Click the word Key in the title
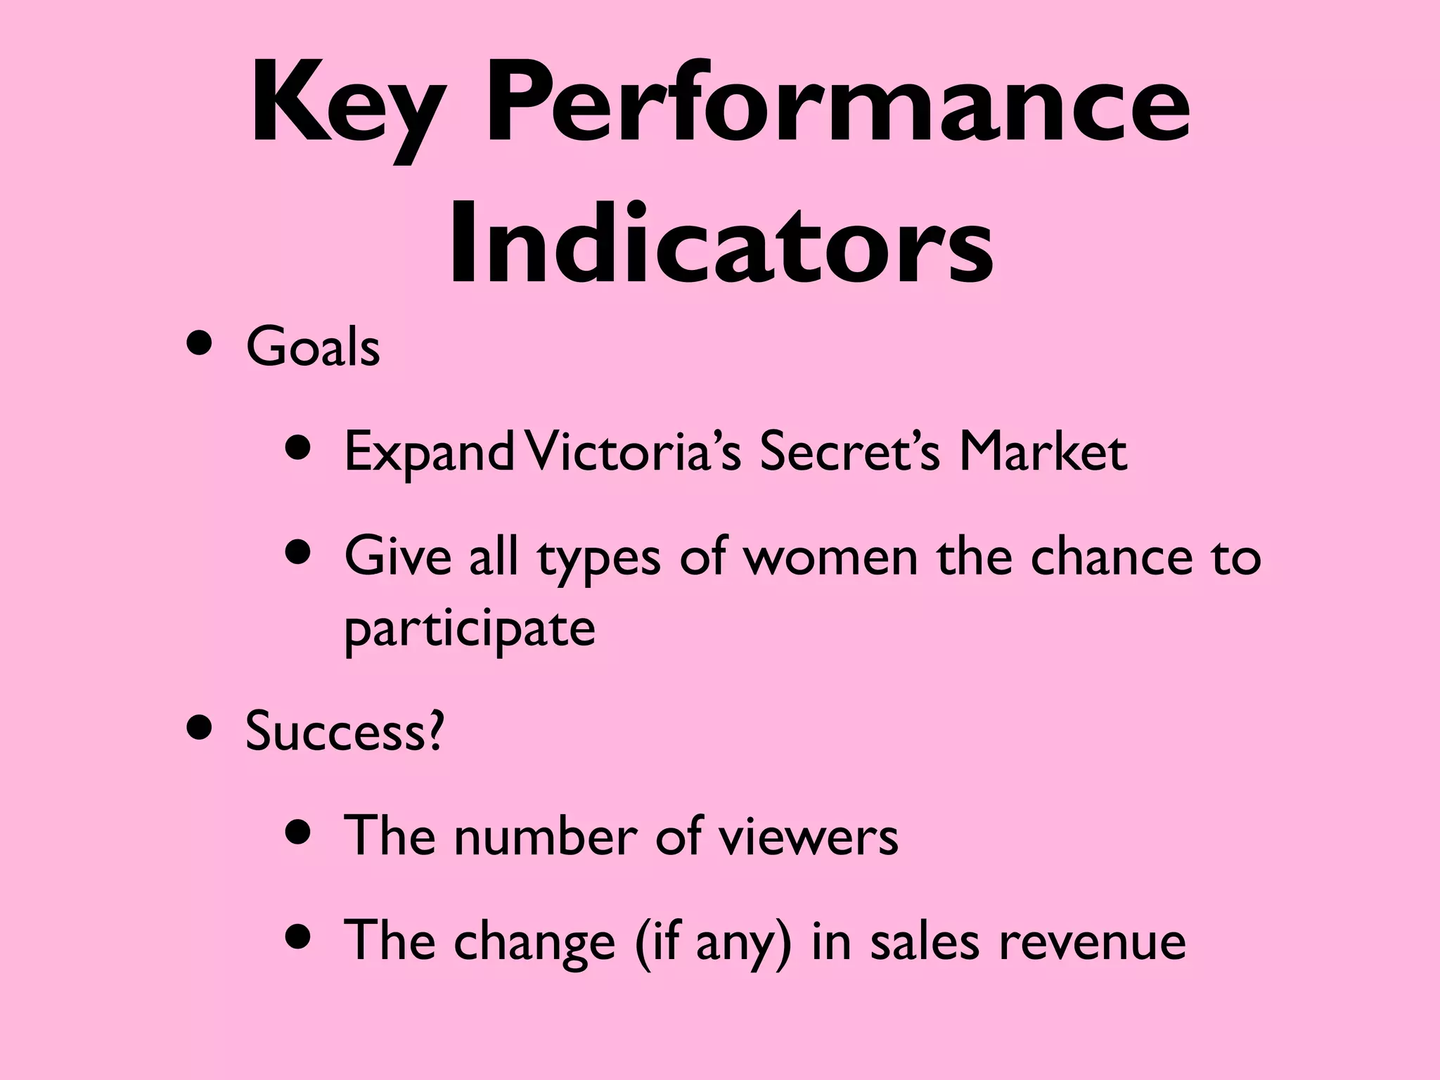pyautogui.click(x=348, y=105)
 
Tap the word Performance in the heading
pyautogui.click(x=837, y=105)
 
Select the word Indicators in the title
pyautogui.click(x=720, y=243)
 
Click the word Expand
pyautogui.click(x=429, y=452)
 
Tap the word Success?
pyautogui.click(x=345, y=731)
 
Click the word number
pyautogui.click(x=546, y=836)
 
